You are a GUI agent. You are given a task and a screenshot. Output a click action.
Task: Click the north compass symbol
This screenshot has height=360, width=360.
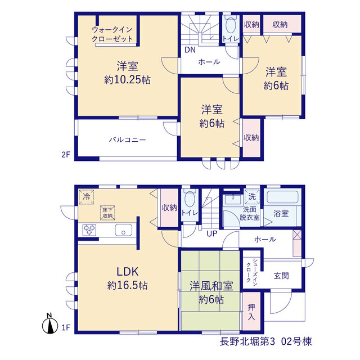(50, 324)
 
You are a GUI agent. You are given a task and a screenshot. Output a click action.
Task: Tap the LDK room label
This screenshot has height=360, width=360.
(128, 272)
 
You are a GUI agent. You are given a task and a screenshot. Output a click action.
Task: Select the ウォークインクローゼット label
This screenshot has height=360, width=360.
(112, 34)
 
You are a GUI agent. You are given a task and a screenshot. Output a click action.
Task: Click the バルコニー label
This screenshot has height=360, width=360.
(127, 139)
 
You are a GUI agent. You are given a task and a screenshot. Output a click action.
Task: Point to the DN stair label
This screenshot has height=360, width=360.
(190, 50)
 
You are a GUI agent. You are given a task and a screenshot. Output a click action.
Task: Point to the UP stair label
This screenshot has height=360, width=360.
(211, 234)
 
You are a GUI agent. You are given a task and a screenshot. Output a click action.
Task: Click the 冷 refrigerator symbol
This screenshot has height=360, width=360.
(86, 197)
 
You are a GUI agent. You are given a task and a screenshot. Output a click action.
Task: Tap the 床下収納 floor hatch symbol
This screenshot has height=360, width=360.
(107, 213)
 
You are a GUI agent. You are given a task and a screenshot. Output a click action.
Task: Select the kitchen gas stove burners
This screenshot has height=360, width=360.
(89, 230)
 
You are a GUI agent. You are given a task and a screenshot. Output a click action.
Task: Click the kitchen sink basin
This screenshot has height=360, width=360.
(124, 230)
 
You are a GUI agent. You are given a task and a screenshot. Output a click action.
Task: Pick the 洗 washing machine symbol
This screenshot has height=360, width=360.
(252, 196)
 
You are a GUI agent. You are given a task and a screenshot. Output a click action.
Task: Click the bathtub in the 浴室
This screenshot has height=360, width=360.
(282, 197)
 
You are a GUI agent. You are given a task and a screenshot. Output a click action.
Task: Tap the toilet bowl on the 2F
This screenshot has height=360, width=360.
(230, 26)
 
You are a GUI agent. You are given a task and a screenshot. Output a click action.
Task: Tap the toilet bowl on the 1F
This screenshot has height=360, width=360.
(190, 199)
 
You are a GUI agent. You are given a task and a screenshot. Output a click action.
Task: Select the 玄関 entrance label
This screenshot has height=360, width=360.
(281, 276)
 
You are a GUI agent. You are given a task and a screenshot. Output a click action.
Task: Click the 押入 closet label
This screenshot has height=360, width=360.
(251, 312)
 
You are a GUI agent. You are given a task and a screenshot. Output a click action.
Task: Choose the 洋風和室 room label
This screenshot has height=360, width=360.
(211, 286)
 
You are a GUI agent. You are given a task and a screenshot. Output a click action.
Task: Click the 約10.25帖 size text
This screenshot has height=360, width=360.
(128, 80)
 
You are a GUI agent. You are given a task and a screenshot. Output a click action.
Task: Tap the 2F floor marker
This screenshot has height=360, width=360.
(65, 155)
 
